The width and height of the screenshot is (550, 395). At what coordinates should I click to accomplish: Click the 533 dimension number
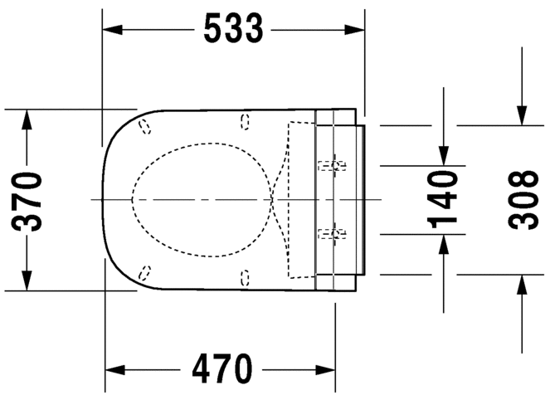tap(233, 28)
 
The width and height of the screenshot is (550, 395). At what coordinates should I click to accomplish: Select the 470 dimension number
tap(222, 369)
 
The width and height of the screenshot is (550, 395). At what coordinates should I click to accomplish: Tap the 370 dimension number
tap(27, 201)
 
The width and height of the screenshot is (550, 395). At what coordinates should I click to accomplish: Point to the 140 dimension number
tap(442, 199)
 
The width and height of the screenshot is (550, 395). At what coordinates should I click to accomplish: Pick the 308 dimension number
tap(523, 200)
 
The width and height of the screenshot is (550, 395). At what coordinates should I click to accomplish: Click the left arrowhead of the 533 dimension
tap(112, 30)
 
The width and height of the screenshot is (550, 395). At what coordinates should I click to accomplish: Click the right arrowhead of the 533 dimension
tap(354, 30)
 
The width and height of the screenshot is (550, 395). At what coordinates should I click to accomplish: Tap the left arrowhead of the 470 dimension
tap(115, 370)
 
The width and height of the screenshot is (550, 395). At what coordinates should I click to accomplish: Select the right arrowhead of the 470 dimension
tap(325, 370)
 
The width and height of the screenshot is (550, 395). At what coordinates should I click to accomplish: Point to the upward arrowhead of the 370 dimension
tap(27, 119)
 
